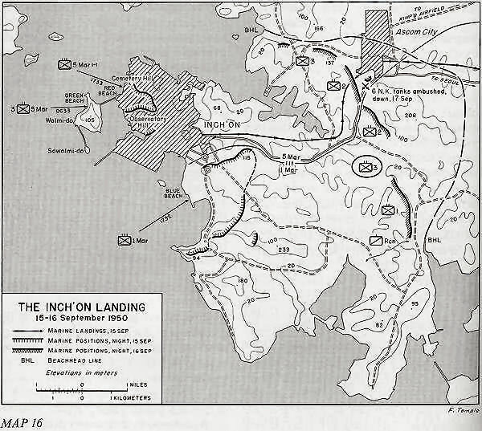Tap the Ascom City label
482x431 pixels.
pyautogui.click(x=422, y=35)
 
